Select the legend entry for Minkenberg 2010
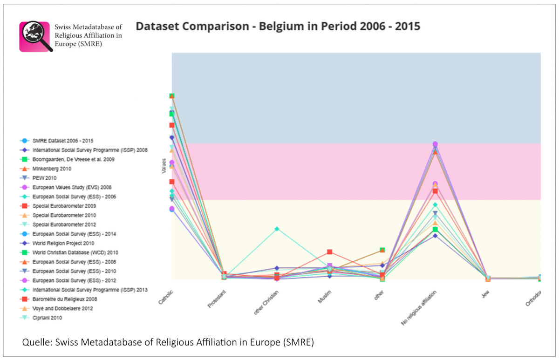coord(52,169)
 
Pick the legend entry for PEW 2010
coord(45,178)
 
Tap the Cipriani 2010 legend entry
coord(47,318)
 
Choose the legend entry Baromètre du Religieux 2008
coord(64,299)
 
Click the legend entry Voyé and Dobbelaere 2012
coord(62,308)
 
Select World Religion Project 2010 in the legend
coord(63,243)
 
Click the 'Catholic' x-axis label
coord(166,297)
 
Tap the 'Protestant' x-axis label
coord(217,299)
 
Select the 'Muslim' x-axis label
coord(325,297)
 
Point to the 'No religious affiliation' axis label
coord(420,307)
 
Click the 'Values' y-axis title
coord(164,168)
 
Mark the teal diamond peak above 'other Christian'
coord(277,229)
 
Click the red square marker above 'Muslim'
coord(329,252)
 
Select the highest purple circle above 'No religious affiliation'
coord(435,144)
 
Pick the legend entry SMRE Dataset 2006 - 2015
coord(66,141)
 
